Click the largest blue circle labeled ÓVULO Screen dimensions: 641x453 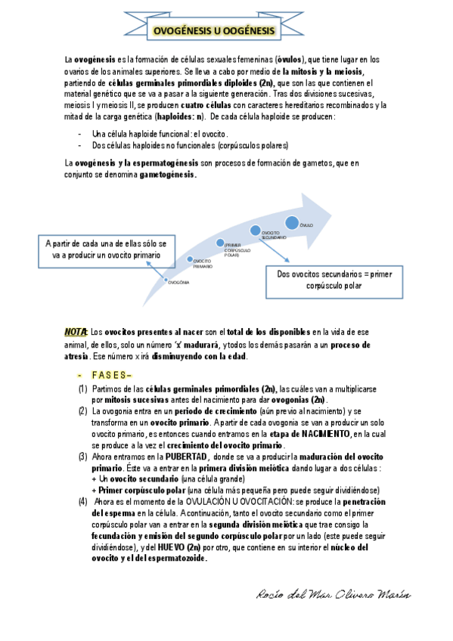[x=292, y=222]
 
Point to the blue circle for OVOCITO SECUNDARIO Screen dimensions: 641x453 [x=255, y=230]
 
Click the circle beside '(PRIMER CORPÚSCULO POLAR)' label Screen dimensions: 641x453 [x=221, y=243]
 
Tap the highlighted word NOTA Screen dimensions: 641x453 [x=76, y=332]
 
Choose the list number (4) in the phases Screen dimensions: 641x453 [x=82, y=501]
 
